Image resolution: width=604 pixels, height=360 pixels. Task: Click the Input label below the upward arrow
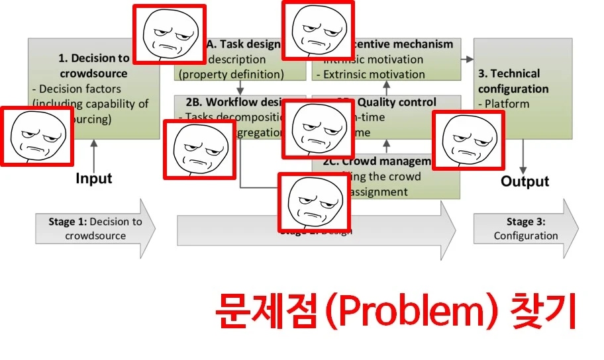tap(93, 178)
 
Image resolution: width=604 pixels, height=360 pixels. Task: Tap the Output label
tap(525, 181)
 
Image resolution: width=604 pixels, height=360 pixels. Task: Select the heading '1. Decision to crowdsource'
tap(93, 66)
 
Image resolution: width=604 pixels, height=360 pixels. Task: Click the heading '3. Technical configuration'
tap(513, 81)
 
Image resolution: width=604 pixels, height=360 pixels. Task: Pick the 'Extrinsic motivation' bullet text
tap(374, 74)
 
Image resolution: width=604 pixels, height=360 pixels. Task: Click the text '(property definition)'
tap(231, 74)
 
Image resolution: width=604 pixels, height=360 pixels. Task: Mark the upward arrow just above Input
tap(93, 153)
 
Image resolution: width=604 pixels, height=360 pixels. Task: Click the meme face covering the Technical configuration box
tap(468, 140)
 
